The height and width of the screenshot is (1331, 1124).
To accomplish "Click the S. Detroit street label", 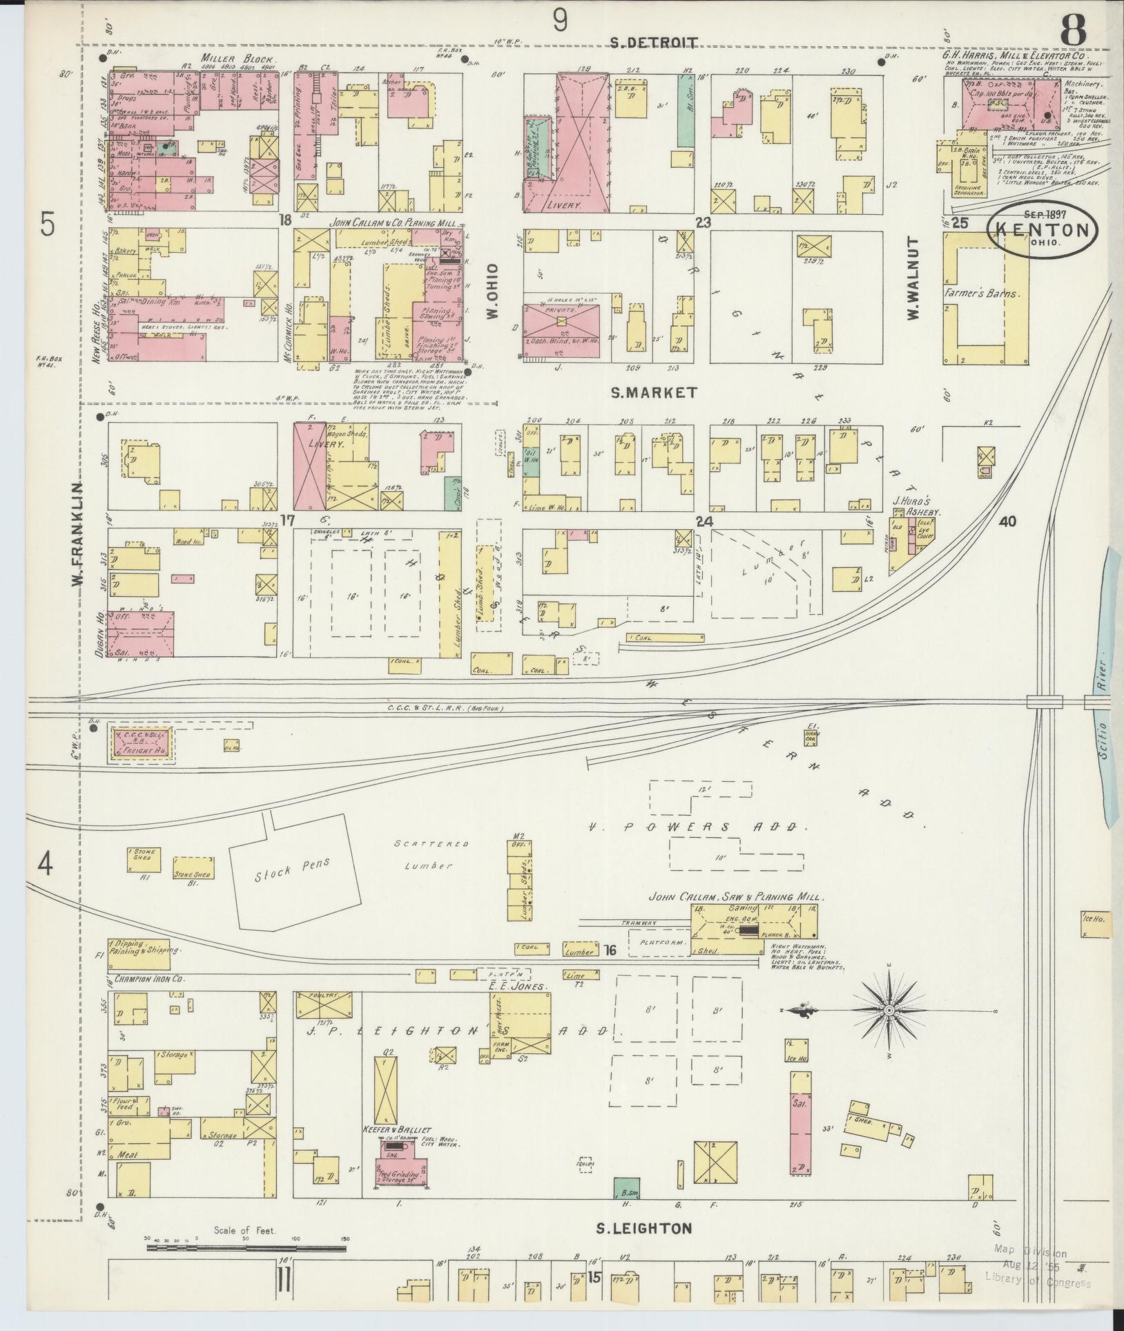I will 654,43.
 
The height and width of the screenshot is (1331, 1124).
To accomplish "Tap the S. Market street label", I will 654,392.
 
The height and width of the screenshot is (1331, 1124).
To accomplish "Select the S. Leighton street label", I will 643,1228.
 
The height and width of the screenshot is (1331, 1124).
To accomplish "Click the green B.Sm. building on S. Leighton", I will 626,1187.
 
